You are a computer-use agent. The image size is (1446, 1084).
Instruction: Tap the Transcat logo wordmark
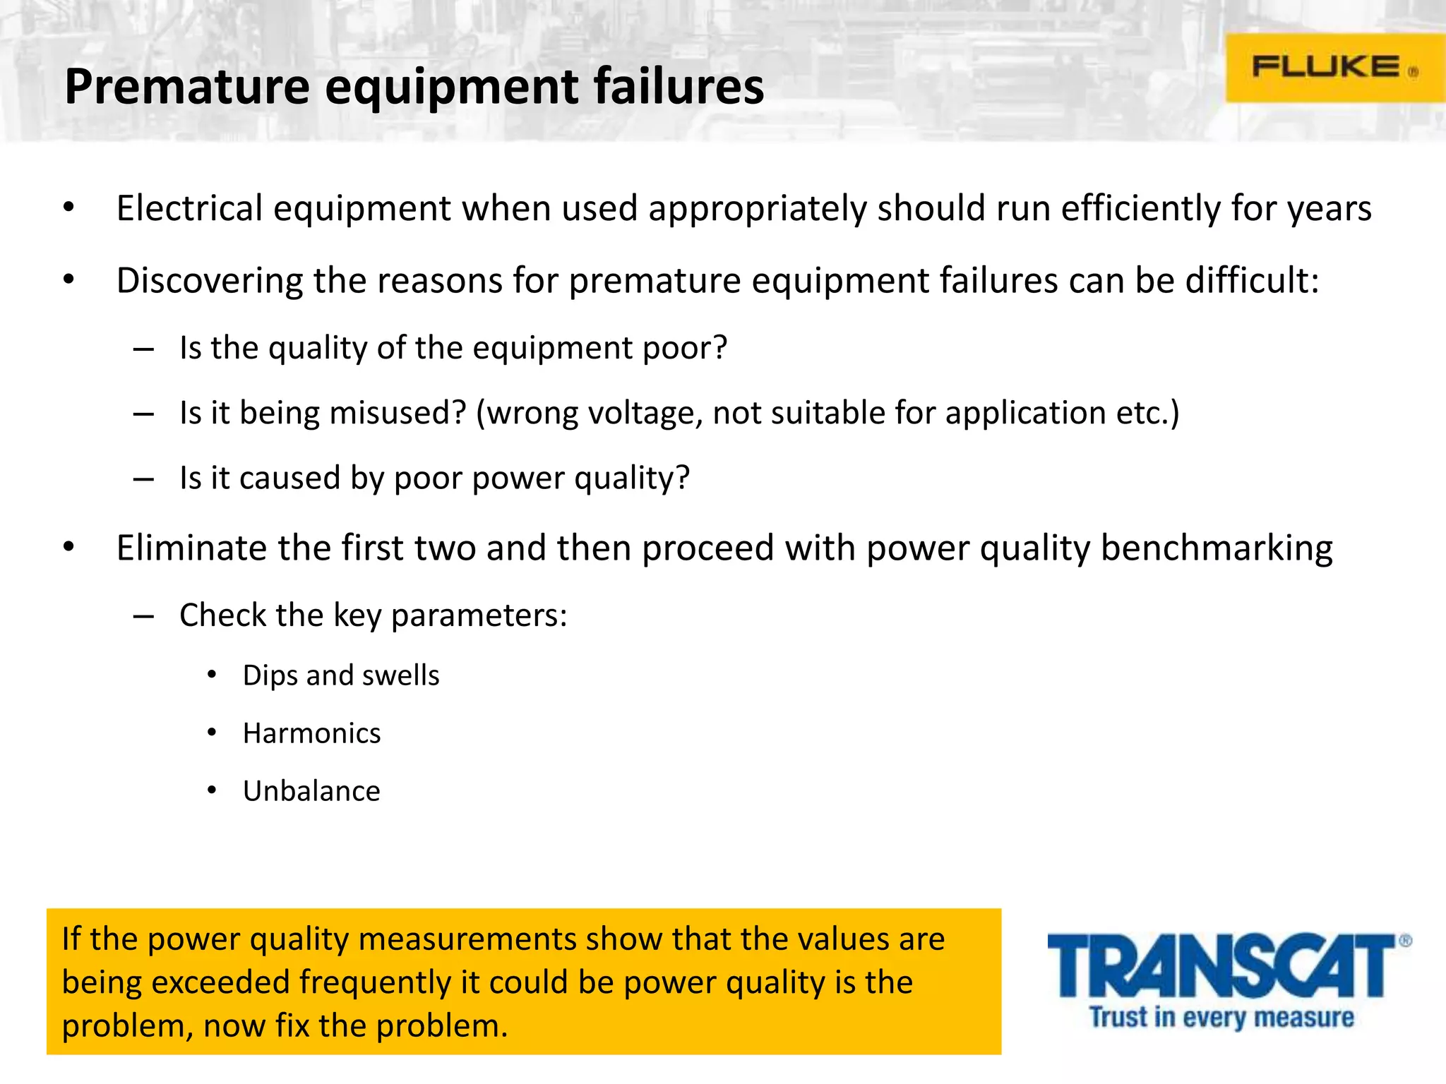[1221, 966]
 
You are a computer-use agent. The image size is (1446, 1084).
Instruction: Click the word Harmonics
[311, 733]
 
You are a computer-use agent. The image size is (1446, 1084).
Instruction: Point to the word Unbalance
[311, 791]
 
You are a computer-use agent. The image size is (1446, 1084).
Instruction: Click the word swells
[400, 675]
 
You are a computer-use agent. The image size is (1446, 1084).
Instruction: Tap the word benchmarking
[1217, 548]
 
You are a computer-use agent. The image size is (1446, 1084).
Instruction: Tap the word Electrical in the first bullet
[190, 209]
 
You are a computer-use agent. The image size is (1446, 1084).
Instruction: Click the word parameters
[479, 616]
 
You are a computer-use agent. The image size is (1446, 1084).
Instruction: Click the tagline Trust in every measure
[1221, 1017]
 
